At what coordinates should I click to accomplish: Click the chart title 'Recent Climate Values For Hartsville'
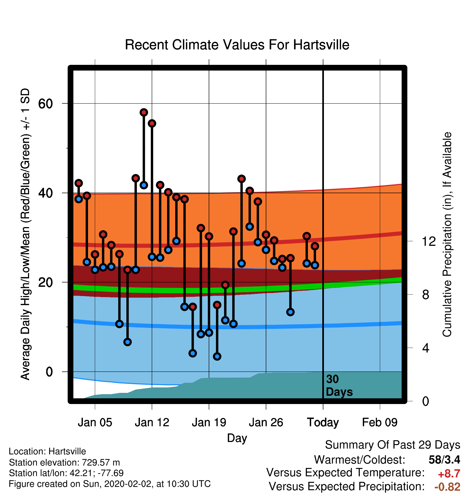[237, 45]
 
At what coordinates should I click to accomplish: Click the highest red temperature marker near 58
[144, 112]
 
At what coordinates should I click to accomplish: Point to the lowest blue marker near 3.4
[217, 356]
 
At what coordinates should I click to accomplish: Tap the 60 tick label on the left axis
[46, 103]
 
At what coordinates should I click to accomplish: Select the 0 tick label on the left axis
[49, 371]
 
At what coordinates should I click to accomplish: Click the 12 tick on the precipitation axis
[429, 241]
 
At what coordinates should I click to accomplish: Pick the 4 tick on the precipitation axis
[426, 348]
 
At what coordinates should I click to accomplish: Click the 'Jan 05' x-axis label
[95, 422]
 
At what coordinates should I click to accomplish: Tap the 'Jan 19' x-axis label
[209, 422]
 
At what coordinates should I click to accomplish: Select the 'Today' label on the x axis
[323, 422]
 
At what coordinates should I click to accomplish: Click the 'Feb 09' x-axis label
[380, 422]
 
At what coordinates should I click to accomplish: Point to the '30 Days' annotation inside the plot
[339, 386]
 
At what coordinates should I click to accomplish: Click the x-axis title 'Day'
[237, 438]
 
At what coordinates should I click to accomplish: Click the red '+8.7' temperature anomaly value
[449, 474]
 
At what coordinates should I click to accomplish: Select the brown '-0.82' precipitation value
[447, 487]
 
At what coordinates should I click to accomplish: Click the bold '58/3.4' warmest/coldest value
[444, 460]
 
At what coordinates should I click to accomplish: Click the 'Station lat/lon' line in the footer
[66, 473]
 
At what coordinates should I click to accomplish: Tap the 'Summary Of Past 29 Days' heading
[393, 445]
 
